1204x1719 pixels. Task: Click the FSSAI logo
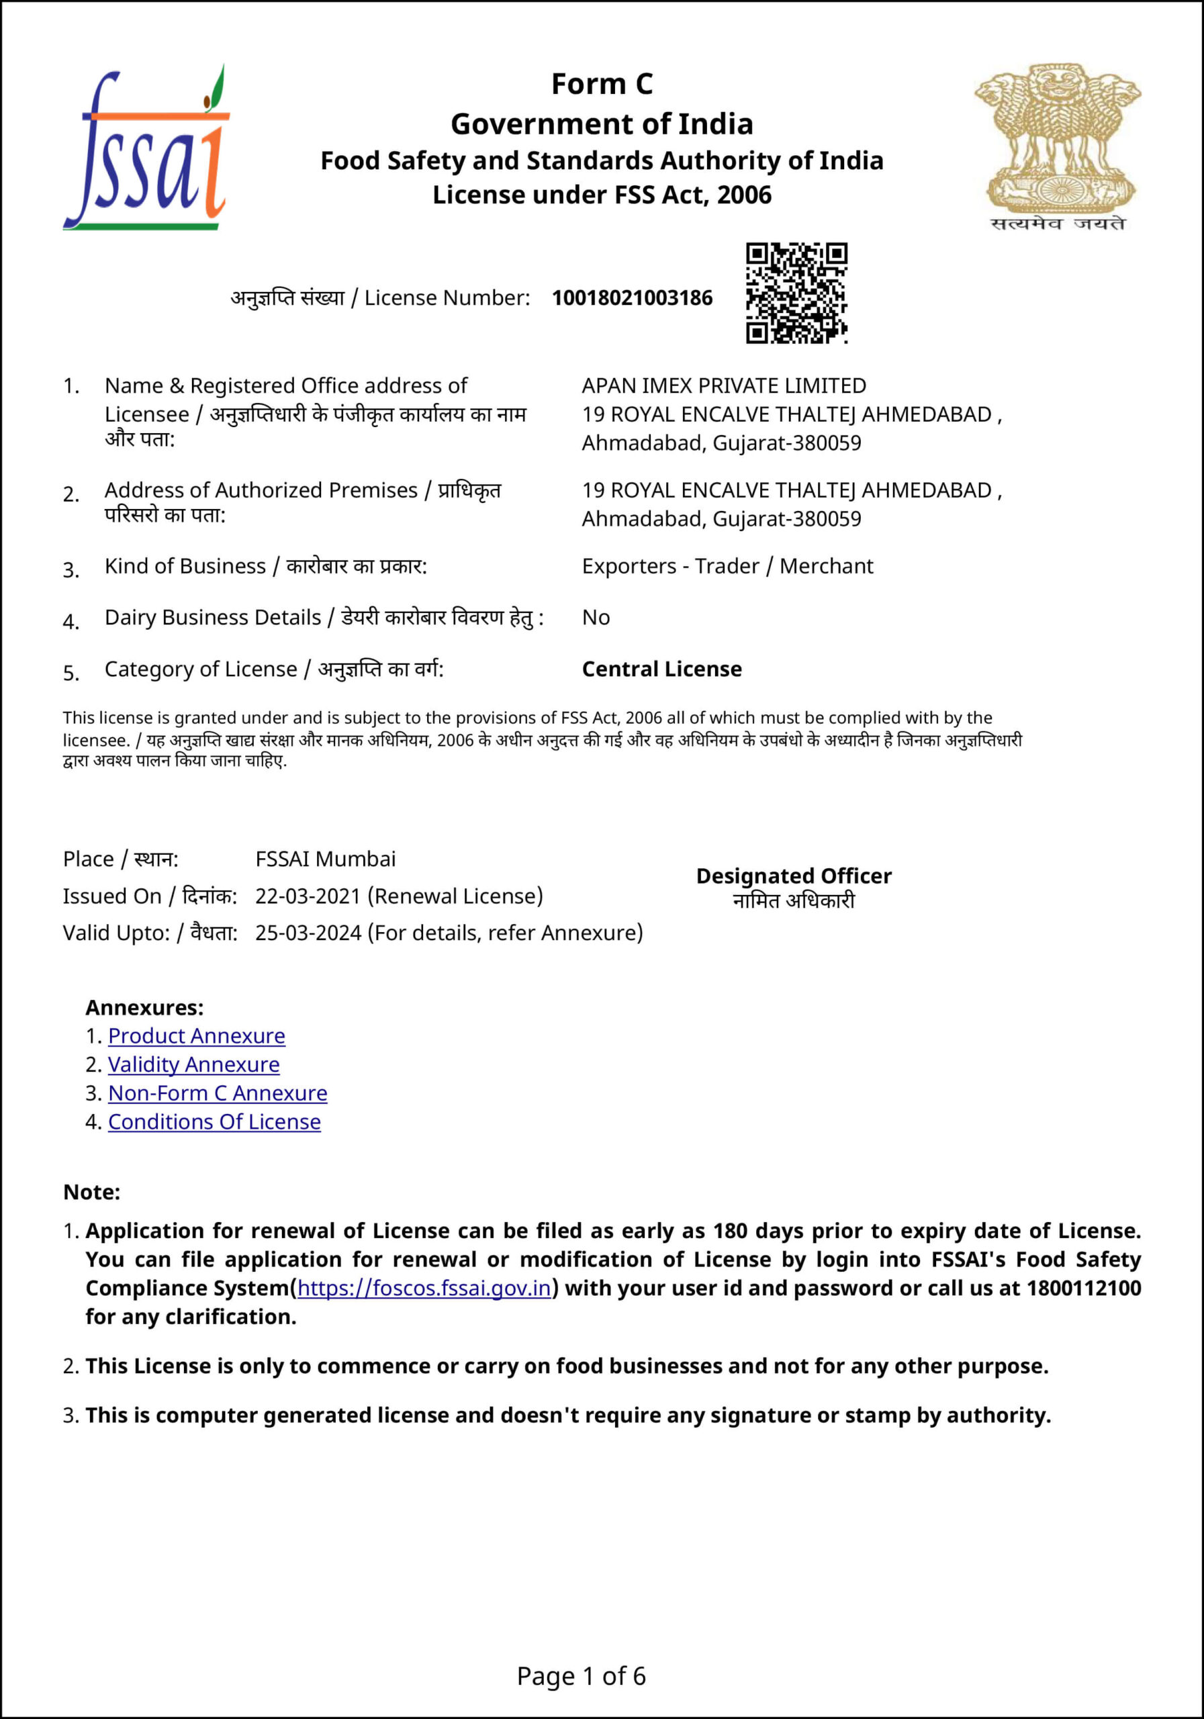(146, 148)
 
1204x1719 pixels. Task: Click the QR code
(796, 293)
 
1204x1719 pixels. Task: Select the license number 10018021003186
(632, 298)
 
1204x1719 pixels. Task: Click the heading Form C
(601, 84)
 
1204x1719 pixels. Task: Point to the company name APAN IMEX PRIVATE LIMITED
(723, 385)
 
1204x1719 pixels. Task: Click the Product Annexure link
(196, 1035)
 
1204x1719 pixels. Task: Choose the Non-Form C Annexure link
(217, 1093)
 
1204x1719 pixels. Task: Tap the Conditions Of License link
(214, 1121)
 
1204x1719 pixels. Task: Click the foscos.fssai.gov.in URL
(424, 1288)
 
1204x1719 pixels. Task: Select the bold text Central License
(662, 669)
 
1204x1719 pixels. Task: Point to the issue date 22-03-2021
(308, 896)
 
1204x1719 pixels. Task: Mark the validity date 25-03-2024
(308, 933)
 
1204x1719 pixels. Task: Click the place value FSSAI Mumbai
(325, 859)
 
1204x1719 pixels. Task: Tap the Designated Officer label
(794, 876)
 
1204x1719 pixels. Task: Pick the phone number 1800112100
(1083, 1288)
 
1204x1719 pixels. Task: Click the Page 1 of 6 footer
(581, 1676)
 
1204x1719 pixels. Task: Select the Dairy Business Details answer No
(596, 618)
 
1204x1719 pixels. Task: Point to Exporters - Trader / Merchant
(727, 566)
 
